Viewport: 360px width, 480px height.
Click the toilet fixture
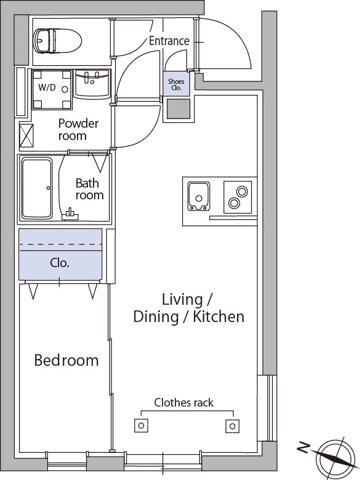tap(57, 41)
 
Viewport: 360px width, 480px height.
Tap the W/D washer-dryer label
tap(47, 88)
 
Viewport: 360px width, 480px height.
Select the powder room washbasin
tap(92, 84)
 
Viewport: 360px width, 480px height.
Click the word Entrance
tap(169, 41)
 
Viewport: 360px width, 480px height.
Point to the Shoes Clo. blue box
tap(176, 84)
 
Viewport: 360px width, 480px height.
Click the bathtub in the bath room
tap(37, 188)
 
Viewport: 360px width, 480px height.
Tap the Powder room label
tap(78, 130)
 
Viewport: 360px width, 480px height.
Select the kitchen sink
tap(199, 196)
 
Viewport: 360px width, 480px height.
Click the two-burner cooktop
tap(238, 197)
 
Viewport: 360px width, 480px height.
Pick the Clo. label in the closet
tap(60, 263)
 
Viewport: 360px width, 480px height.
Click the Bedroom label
tap(66, 360)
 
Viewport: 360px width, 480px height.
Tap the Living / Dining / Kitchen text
tap(189, 308)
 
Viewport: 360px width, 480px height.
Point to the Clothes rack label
tap(184, 403)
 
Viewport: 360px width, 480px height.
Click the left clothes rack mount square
tap(141, 426)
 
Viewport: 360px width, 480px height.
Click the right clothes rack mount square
tap(232, 426)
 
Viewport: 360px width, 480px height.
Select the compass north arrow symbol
tap(334, 458)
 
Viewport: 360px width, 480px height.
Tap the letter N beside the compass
tap(303, 447)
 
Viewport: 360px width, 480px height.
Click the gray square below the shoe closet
tap(179, 109)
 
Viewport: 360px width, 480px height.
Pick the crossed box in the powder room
tap(27, 135)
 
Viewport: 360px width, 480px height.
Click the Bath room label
tap(89, 189)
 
